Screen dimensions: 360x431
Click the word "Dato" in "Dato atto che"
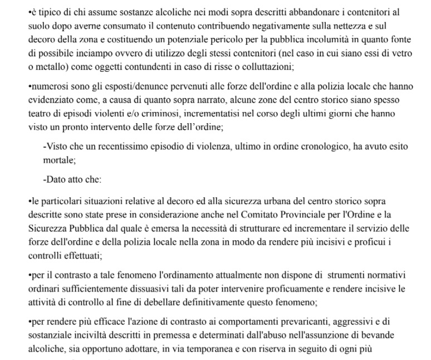56,181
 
